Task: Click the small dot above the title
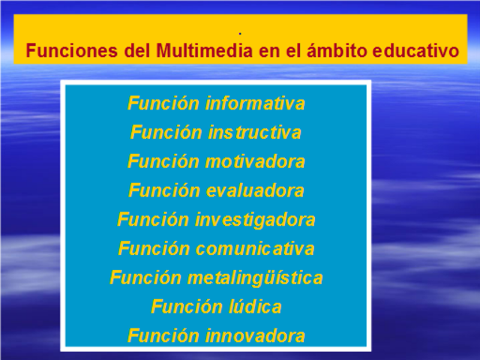tap(239, 34)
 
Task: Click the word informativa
tap(256, 103)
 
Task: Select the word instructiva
tap(255, 133)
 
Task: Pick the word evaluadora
tap(256, 190)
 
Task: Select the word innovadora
tap(256, 335)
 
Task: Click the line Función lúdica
tap(216, 307)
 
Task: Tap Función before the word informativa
tap(163, 103)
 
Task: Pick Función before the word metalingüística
tap(145, 277)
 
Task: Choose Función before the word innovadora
tap(163, 335)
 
